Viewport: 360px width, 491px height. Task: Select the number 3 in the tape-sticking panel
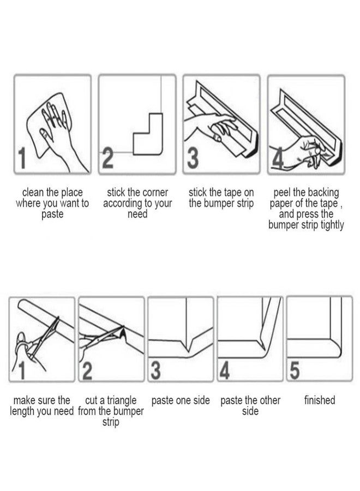point(193,158)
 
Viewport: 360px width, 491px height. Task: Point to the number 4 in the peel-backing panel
point(278,158)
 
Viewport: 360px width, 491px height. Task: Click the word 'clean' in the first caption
point(33,192)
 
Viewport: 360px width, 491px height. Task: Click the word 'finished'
point(320,400)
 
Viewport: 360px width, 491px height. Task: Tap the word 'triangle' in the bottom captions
point(122,400)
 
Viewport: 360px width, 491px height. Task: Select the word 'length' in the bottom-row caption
point(22,411)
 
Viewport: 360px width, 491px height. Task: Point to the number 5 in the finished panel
point(295,370)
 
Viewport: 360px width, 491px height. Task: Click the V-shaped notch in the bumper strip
point(188,346)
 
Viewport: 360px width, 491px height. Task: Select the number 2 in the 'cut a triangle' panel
point(87,370)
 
